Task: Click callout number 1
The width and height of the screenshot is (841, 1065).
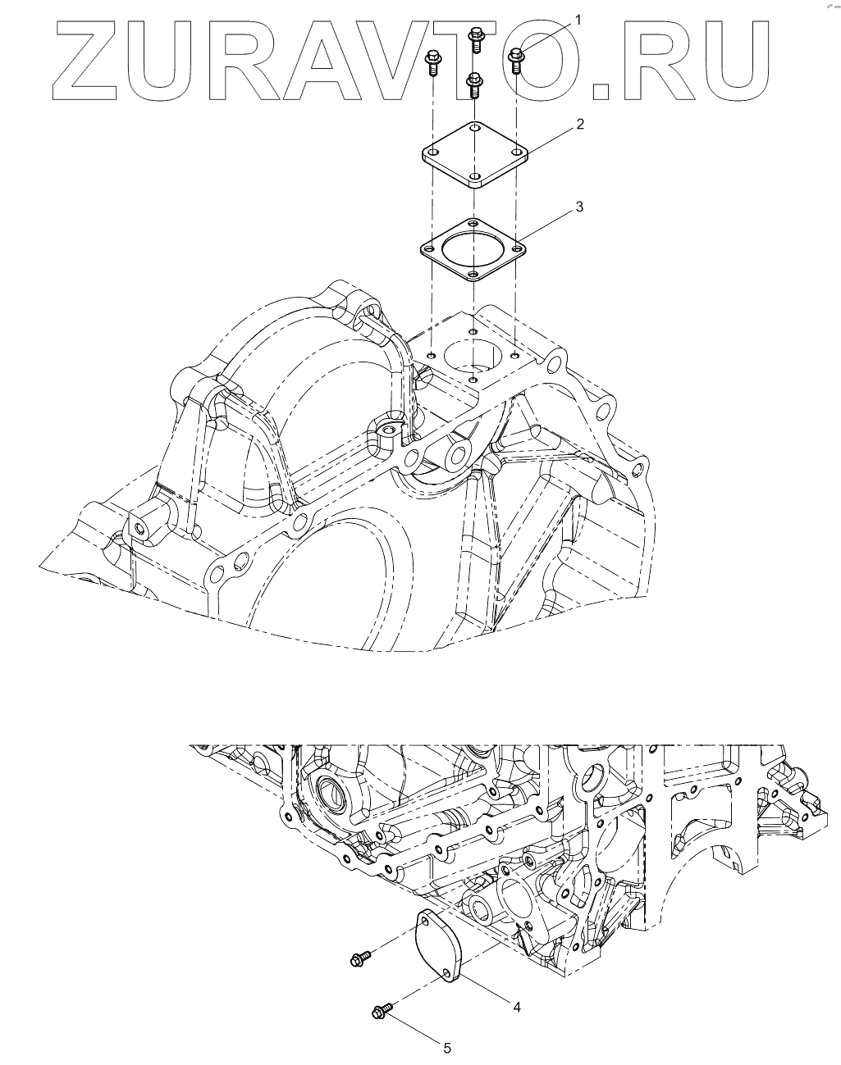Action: [x=578, y=20]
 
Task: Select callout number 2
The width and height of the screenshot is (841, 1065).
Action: [x=579, y=124]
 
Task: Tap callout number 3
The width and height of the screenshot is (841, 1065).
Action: [x=579, y=207]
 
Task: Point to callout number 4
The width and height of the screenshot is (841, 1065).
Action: [x=517, y=1007]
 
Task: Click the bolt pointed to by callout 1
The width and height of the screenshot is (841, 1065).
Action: [x=516, y=61]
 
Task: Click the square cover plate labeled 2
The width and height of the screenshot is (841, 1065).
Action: [x=475, y=154]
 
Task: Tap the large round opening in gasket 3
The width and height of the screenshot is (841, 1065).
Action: [x=473, y=249]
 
